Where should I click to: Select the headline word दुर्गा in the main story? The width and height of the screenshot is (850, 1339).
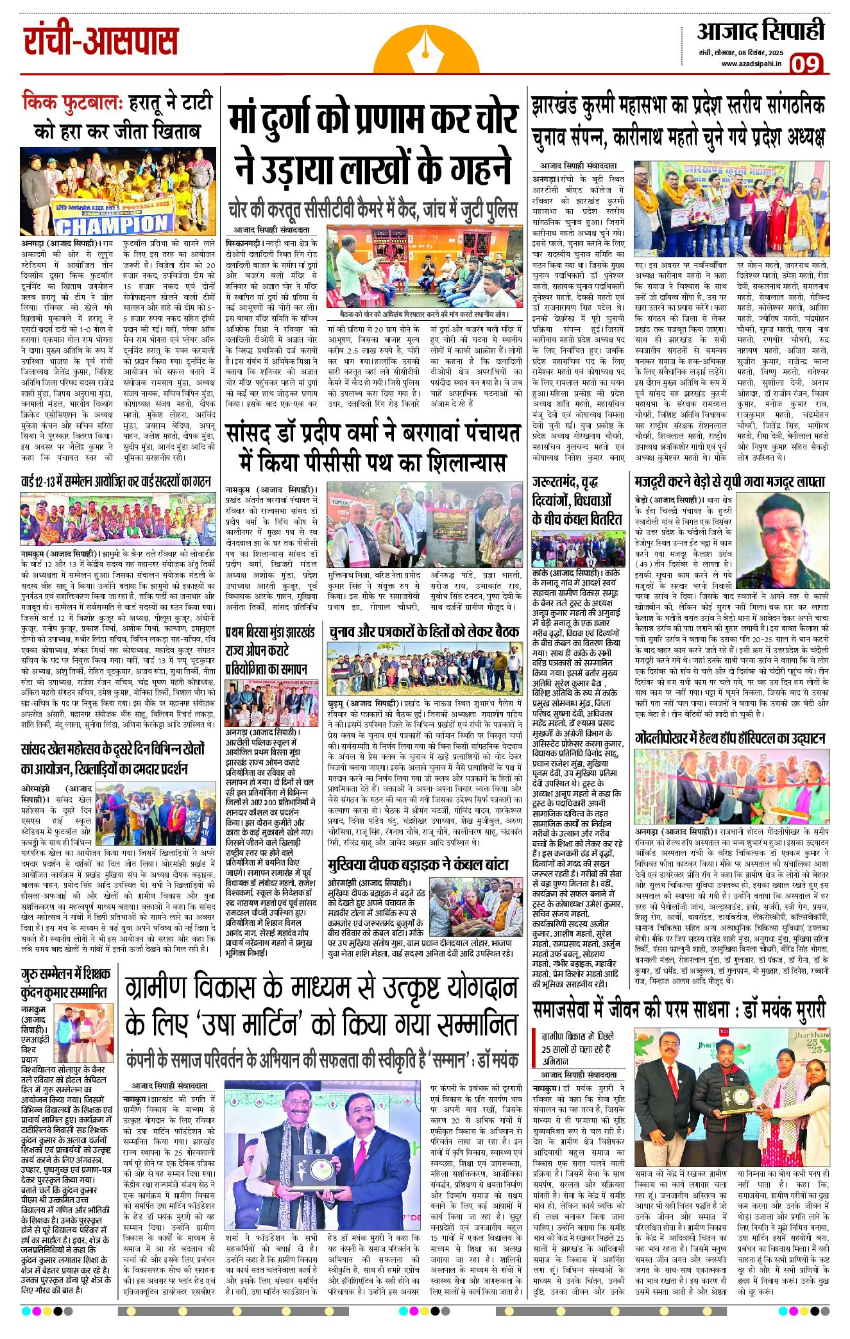click(x=308, y=120)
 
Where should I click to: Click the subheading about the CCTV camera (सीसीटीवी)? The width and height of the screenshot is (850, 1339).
click(x=373, y=210)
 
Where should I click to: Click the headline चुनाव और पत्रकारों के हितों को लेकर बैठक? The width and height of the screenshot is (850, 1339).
click(x=425, y=631)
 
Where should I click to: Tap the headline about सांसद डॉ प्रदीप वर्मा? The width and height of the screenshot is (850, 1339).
click(x=373, y=447)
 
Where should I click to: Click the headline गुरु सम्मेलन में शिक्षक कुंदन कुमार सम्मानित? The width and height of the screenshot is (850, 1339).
click(x=64, y=983)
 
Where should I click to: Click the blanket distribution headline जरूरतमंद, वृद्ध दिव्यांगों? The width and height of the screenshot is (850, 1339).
click(x=577, y=500)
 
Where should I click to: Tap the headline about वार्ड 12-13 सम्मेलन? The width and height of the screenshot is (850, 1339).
click(x=116, y=481)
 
